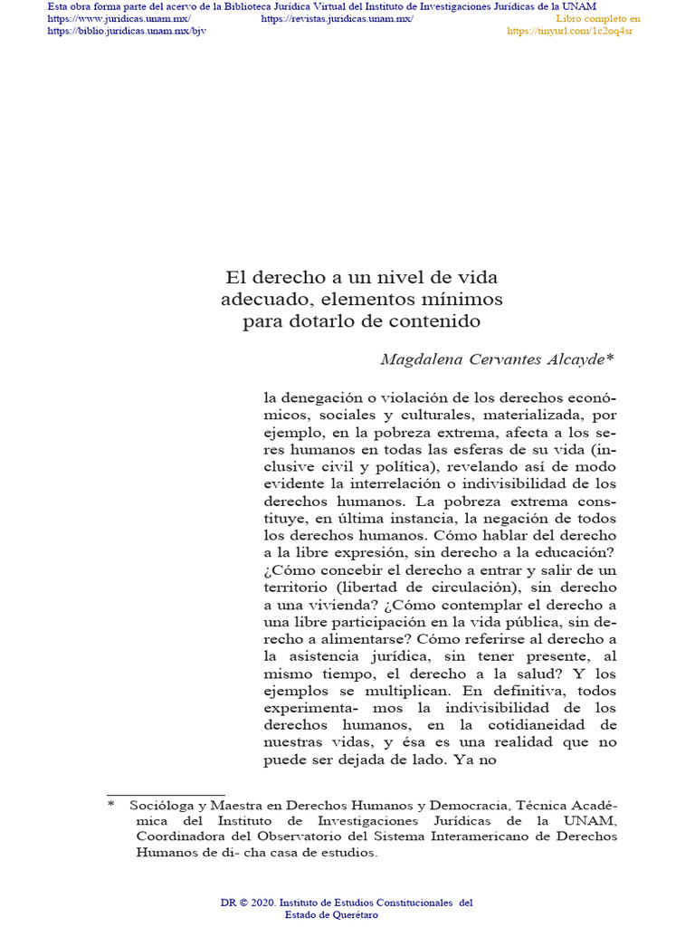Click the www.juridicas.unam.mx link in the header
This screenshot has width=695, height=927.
(119, 19)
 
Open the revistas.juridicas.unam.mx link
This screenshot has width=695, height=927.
(337, 19)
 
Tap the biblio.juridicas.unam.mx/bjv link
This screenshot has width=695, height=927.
(127, 31)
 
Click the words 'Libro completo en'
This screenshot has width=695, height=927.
(597, 19)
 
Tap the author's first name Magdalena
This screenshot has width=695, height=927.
(419, 359)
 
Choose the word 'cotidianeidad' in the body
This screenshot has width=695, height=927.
(540, 725)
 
